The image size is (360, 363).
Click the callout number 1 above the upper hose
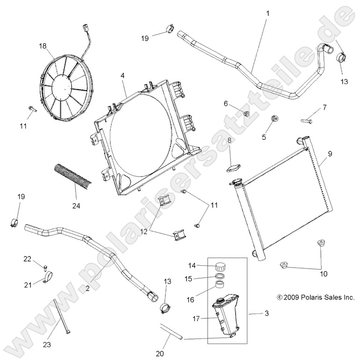[x=268, y=14]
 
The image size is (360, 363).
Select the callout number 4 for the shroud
[x=122, y=75]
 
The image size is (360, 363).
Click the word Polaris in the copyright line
[x=309, y=297]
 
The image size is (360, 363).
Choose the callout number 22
[x=27, y=258]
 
